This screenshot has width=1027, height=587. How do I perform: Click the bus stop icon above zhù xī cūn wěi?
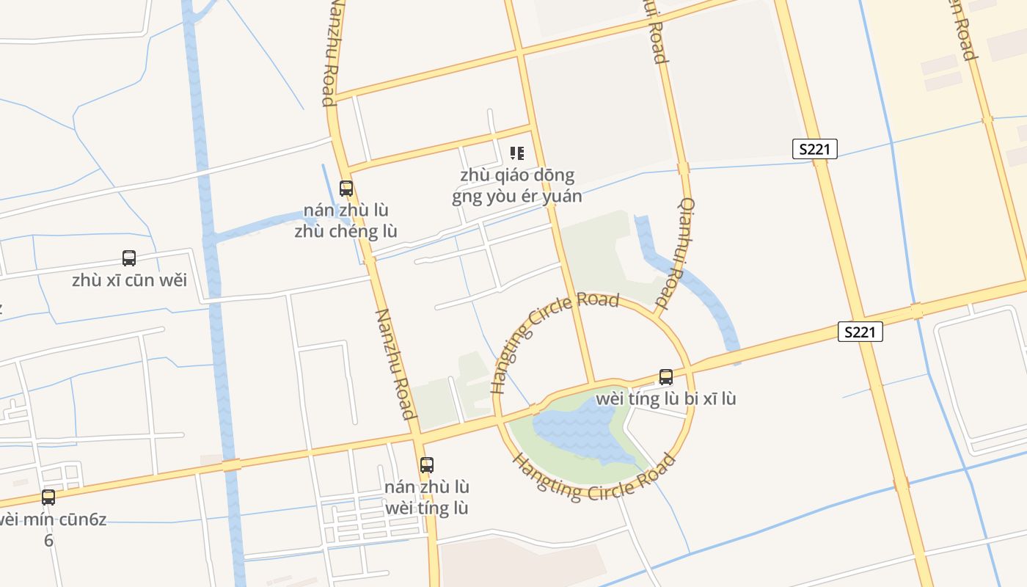pos(129,258)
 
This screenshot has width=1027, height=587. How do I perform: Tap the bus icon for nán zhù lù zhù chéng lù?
pos(346,189)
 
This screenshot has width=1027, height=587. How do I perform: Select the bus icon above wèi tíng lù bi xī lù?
pos(666,377)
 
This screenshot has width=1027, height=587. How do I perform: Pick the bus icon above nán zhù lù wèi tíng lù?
pos(427,465)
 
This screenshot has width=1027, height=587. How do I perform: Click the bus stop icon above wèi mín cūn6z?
pos(48,497)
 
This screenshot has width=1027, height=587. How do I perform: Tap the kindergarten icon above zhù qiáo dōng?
pos(517,153)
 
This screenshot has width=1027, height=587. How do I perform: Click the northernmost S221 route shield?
pos(815,149)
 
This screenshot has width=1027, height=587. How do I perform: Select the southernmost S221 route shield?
pos(860,332)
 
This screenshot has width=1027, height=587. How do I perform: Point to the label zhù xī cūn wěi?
pos(130,280)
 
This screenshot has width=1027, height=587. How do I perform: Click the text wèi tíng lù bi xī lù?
pos(666,398)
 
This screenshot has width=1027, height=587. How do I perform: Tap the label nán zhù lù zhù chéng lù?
pos(346,220)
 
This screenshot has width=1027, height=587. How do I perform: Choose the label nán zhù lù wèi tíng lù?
pos(427,497)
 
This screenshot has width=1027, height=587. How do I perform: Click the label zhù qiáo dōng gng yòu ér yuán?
pos(517,186)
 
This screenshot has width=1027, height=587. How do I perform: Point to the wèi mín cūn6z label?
pos(51,528)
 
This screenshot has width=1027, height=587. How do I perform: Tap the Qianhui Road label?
pos(676,253)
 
